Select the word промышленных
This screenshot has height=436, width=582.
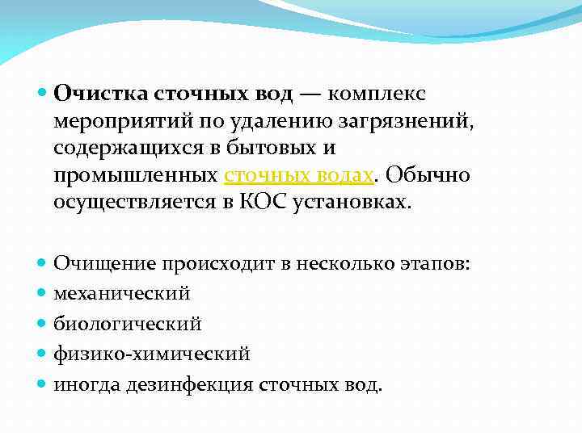pos(135,176)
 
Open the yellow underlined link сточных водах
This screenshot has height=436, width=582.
pos(299,176)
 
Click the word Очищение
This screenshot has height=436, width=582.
pos(103,262)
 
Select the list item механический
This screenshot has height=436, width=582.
pos(122,293)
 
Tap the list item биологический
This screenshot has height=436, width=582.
pos(128,324)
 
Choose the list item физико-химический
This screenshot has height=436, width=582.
pos(152,354)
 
